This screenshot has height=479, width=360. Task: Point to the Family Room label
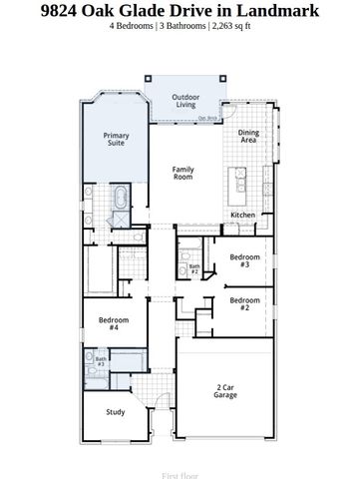point(182,174)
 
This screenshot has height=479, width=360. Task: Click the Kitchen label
point(243,215)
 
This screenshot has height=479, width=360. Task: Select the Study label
point(118,410)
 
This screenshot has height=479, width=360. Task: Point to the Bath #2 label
point(195,267)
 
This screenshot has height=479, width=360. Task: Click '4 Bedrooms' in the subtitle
point(134,27)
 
